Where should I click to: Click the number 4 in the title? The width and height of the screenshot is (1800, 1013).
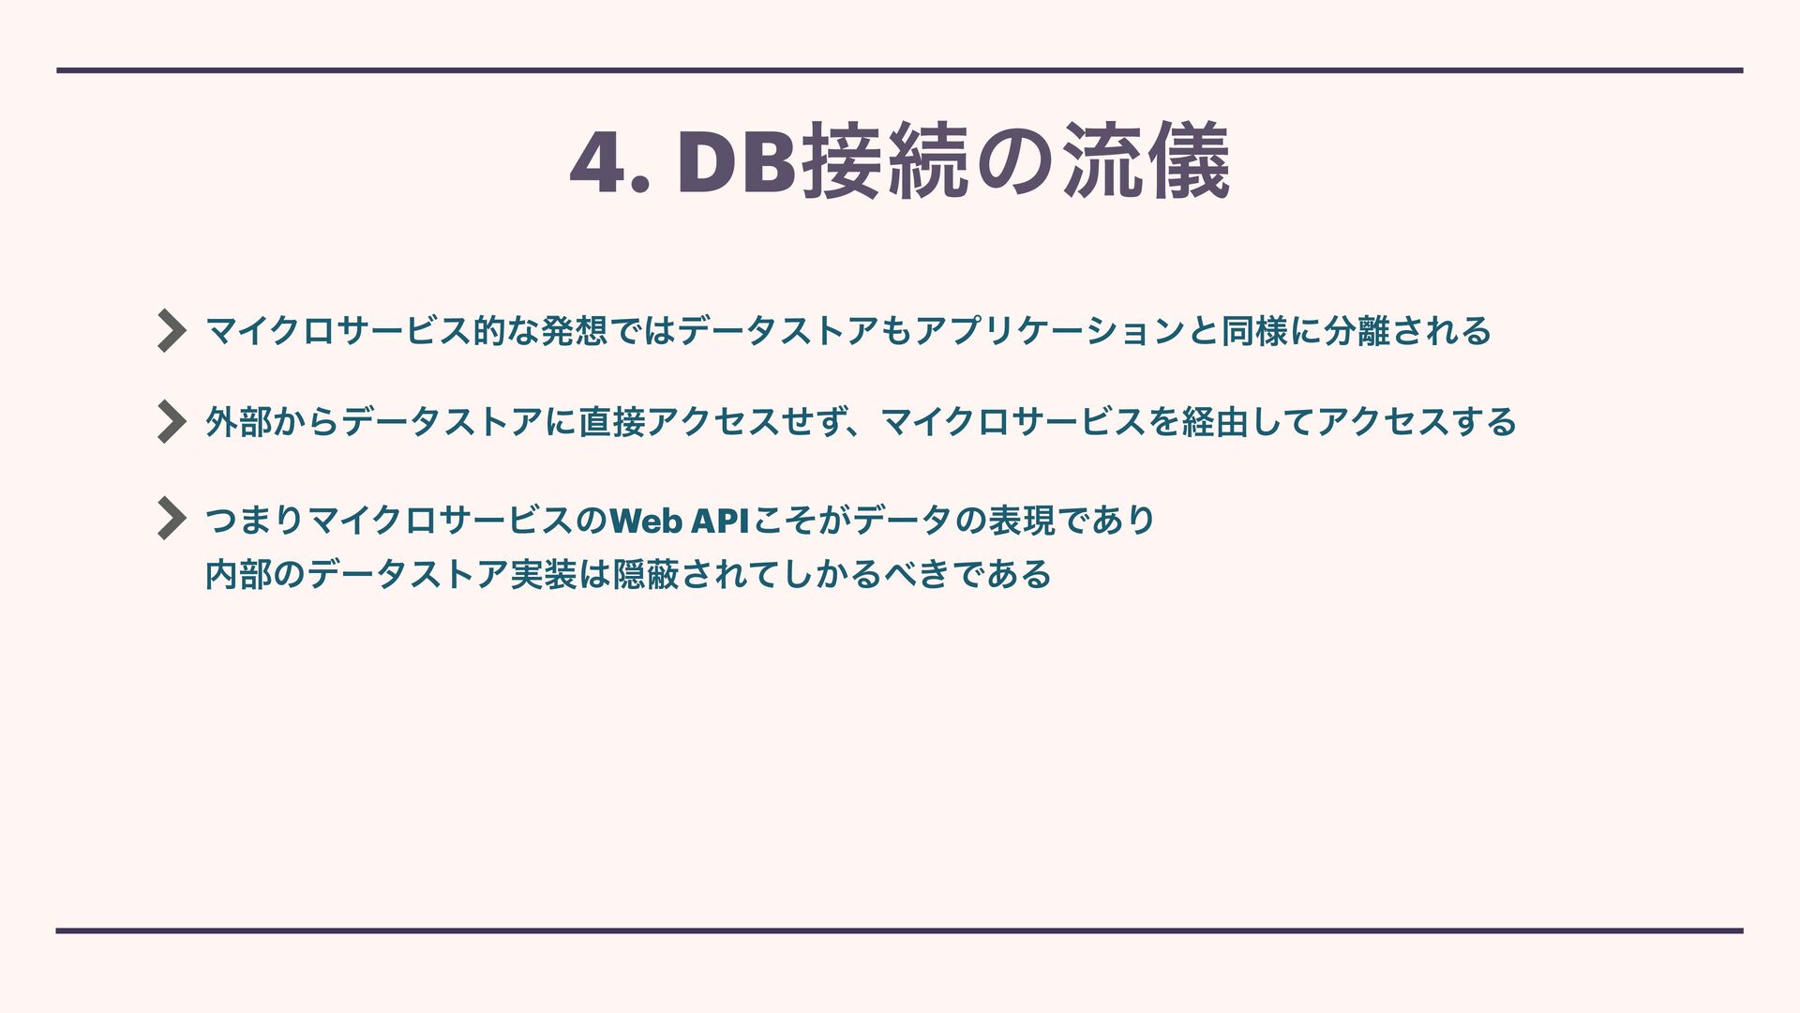tap(597, 164)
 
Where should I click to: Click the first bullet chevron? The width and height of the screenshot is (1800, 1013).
tap(171, 330)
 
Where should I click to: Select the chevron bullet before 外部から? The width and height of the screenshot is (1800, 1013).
tap(171, 421)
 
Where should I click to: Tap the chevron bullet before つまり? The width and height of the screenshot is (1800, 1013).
tap(171, 518)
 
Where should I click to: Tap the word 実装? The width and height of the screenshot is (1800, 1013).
tap(543, 574)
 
